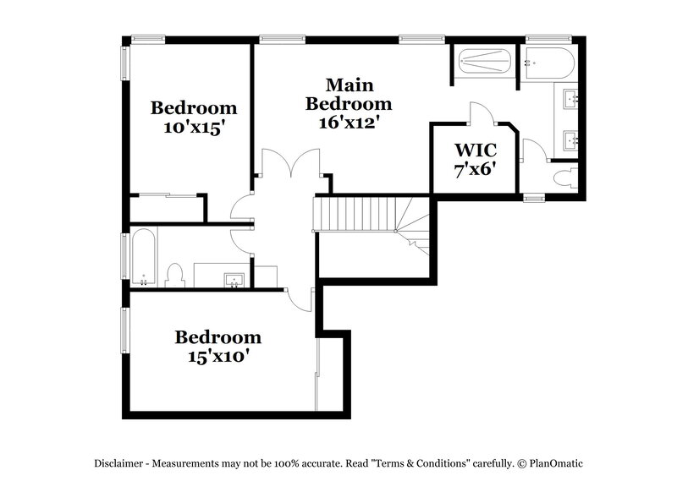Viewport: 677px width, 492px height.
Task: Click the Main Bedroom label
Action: (349, 94)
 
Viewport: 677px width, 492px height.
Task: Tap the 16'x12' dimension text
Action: (349, 122)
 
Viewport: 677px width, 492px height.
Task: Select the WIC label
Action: (474, 150)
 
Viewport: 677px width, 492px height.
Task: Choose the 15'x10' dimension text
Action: (217, 356)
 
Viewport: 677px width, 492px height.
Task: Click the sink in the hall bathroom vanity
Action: (234, 278)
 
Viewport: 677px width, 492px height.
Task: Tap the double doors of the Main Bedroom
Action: (290, 163)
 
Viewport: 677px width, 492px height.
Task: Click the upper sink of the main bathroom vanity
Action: (574, 100)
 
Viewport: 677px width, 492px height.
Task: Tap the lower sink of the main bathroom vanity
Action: (574, 139)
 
